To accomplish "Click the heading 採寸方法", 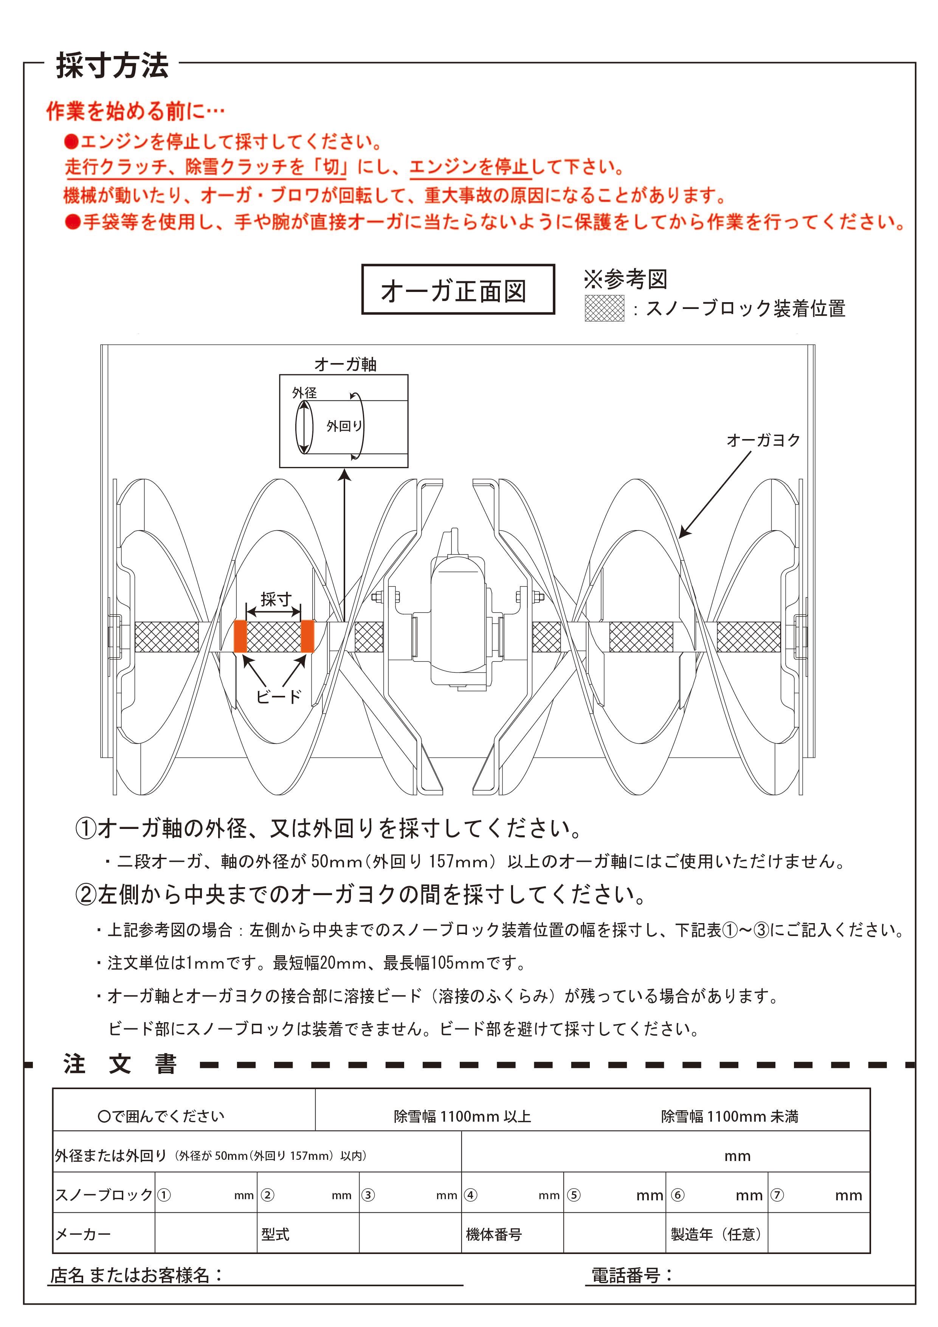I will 112,65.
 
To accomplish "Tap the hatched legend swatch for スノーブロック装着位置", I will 604,308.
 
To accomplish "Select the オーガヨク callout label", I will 763,441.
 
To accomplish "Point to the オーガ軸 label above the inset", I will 345,365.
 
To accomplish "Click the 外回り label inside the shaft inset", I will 344,426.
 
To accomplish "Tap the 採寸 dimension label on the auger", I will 275,599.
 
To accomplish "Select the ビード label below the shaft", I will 279,697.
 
